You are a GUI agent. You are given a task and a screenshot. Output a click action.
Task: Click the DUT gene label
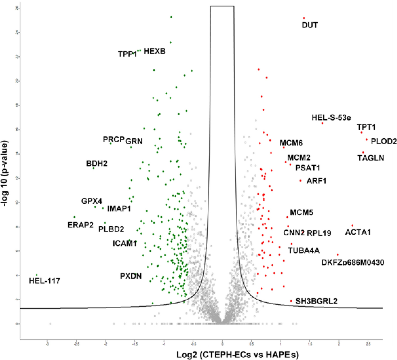tap(310, 25)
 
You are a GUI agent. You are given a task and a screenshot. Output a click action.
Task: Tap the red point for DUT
tap(304, 18)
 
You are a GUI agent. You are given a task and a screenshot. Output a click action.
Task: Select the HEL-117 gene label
tap(44, 281)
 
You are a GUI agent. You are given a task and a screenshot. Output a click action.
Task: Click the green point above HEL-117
tap(37, 275)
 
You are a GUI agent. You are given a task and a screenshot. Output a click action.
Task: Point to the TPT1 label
tap(366, 127)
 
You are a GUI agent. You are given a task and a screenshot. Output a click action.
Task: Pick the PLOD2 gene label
tap(383, 141)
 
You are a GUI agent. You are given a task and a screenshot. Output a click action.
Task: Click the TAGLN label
tap(371, 158)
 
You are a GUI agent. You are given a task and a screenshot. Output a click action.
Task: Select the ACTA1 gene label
tap(358, 232)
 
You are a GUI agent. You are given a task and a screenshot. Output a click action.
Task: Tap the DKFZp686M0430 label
tap(353, 262)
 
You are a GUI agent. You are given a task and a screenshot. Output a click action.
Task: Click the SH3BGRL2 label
tap(316, 301)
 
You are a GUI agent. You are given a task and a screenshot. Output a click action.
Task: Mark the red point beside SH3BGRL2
tap(291, 301)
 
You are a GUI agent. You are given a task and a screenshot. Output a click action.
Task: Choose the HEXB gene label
tap(154, 51)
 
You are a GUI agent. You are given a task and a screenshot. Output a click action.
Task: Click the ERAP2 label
tap(81, 225)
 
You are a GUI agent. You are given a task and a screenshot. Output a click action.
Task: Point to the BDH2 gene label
tap(97, 163)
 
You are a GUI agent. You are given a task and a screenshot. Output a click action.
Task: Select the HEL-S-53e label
tap(331, 117)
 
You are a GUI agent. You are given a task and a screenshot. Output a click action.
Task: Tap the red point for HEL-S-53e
tap(322, 123)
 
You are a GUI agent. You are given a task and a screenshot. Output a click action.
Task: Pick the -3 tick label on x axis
tap(47, 344)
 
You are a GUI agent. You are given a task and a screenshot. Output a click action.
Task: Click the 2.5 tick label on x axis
tap(368, 344)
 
